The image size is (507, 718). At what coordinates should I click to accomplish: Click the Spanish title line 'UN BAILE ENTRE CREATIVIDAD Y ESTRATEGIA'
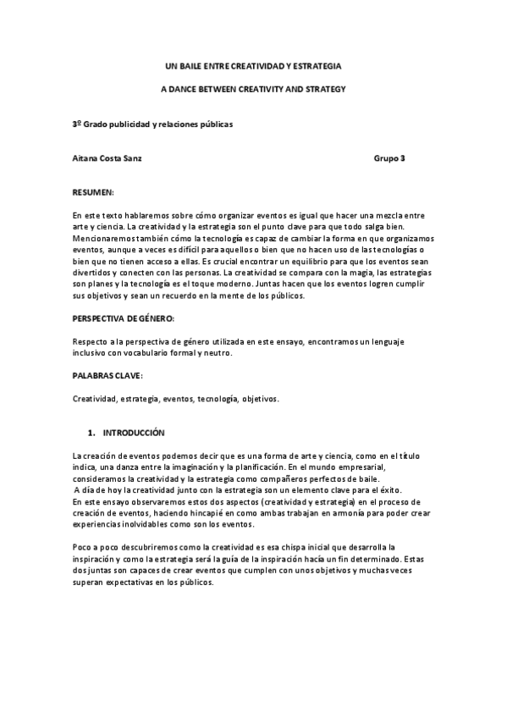point(253,65)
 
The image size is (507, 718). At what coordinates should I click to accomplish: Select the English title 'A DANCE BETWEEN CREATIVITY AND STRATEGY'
point(253,88)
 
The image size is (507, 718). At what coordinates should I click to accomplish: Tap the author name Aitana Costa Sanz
point(107,158)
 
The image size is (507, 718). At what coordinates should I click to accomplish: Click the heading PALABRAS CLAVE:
point(107,374)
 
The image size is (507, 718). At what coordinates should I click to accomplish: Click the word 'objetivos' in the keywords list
point(258,398)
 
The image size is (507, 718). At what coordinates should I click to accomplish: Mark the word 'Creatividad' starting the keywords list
point(94,398)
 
